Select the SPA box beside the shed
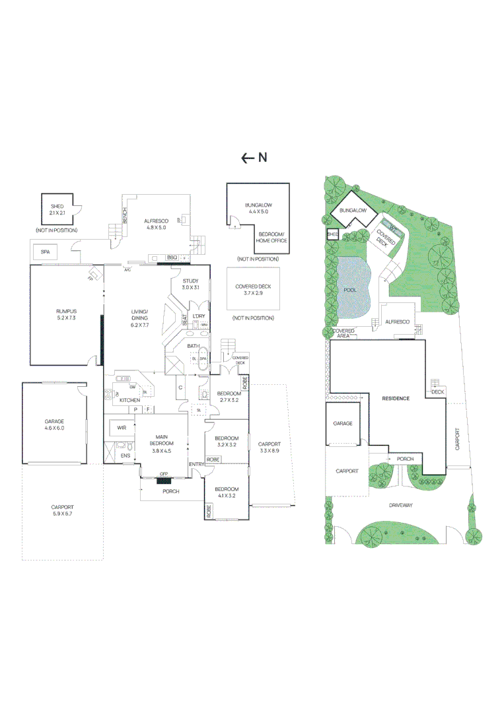point(46,252)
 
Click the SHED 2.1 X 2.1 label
point(57,210)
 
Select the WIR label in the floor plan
point(122,428)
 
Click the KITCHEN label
point(129,401)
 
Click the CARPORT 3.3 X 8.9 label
point(270,447)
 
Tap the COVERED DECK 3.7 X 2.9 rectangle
point(253,289)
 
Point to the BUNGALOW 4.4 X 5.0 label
point(258,209)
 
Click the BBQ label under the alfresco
point(172,257)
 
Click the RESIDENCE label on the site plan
point(396,399)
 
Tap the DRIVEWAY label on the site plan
point(400,505)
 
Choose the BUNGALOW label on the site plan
point(353,211)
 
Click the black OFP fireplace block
point(165,480)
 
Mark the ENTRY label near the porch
point(196,465)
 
